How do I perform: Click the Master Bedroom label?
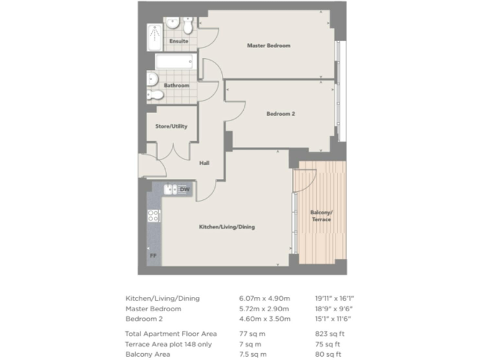coord(268,46)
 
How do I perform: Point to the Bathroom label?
coord(176,85)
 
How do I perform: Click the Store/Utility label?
coord(171,126)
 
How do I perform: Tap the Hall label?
coord(204,163)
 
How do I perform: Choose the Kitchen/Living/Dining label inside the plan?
coord(227,227)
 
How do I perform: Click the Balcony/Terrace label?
coord(321,216)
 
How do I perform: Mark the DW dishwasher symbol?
coord(184,189)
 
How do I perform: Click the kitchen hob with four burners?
coord(154,216)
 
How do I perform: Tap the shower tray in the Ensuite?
coord(154,38)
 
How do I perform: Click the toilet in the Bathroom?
coord(156,95)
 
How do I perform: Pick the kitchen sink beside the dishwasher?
coord(170,189)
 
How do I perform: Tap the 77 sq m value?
coord(252,333)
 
